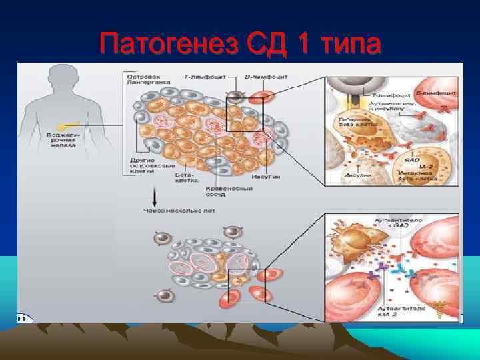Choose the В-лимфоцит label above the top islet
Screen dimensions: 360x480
(266, 77)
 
